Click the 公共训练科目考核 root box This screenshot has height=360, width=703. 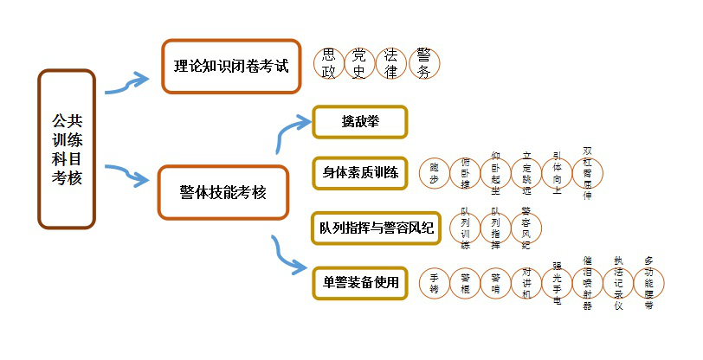pos(67,149)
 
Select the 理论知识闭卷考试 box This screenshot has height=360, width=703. pos(230,66)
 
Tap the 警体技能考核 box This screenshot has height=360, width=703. pos(222,191)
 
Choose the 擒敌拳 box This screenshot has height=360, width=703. pos(358,122)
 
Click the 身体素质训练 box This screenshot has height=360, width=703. pos(359,172)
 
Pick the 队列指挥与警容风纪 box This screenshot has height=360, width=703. pos(375,228)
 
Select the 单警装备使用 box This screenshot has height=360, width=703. pos(359,282)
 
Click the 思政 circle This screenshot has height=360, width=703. pos(328,64)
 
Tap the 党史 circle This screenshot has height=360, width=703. pos(359,64)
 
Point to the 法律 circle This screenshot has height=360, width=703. pos(390,64)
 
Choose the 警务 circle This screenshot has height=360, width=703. pos(422,64)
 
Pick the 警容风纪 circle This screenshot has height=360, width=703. pos(526,227)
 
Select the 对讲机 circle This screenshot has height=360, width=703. pos(526,283)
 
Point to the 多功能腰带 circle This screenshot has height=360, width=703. pos(648,283)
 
